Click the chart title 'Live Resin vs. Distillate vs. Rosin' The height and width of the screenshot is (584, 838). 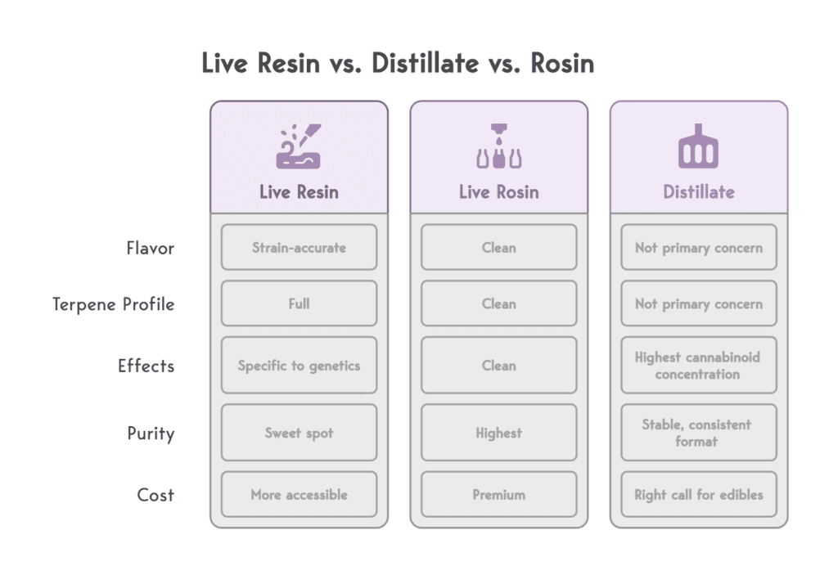(x=398, y=64)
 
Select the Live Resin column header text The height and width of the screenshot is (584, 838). (x=299, y=192)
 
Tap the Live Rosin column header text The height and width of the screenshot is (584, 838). (x=498, y=192)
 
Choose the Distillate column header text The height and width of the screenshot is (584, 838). (x=698, y=192)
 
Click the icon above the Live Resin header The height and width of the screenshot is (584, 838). (x=299, y=147)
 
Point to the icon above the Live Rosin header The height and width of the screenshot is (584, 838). (x=498, y=147)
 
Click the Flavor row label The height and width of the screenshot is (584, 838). (x=150, y=248)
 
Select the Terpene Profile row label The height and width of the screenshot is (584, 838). (x=114, y=304)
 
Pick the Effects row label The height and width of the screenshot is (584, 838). (x=146, y=366)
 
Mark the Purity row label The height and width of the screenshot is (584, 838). (x=151, y=433)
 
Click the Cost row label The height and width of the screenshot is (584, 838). (x=155, y=495)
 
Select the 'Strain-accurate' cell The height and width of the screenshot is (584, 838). (x=299, y=248)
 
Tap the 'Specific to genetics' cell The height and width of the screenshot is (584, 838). (x=299, y=366)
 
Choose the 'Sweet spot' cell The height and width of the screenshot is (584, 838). (x=299, y=433)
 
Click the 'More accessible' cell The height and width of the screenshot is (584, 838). (x=299, y=495)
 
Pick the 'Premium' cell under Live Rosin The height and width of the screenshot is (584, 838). (x=498, y=495)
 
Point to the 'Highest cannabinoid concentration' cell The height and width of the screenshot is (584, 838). (x=698, y=366)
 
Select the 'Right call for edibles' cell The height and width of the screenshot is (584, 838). (x=698, y=495)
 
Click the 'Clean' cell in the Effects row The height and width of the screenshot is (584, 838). (x=498, y=366)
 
